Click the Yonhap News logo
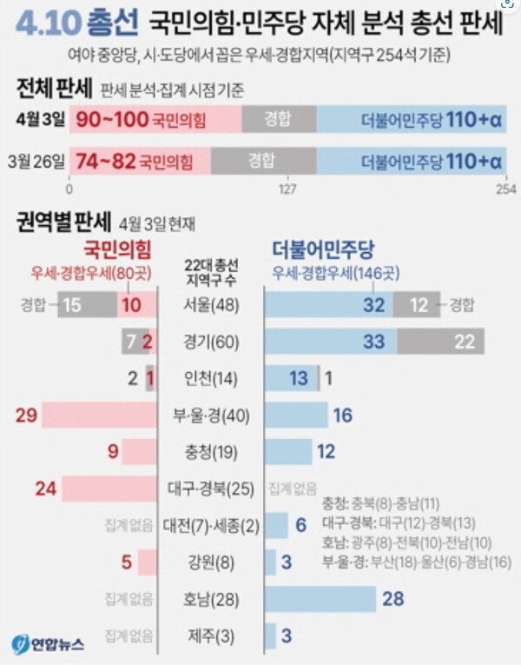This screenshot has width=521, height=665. tap(49, 644)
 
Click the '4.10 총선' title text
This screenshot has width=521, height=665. tap(76, 24)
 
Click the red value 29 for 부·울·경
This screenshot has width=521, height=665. tap(26, 416)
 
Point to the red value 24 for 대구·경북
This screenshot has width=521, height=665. tap(45, 489)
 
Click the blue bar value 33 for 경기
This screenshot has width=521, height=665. tap(373, 342)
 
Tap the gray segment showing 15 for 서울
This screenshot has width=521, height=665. tap(73, 304)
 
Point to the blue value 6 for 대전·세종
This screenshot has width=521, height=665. tap(300, 525)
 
